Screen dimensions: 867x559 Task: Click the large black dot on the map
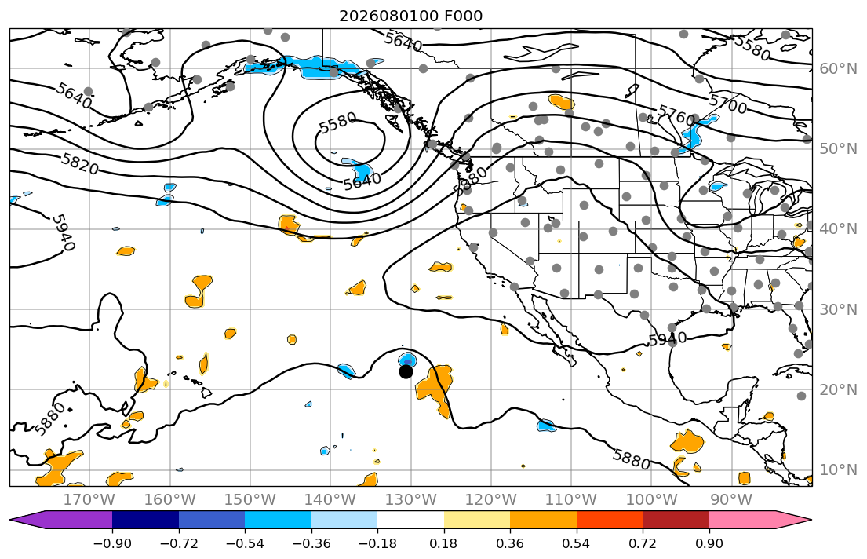[406, 372]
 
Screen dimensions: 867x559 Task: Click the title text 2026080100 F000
[411, 16]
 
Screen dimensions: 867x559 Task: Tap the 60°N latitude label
[838, 68]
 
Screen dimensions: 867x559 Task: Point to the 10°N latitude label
[838, 470]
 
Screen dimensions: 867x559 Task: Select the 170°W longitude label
[89, 500]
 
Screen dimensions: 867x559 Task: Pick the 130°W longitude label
[410, 500]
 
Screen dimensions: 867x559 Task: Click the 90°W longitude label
[731, 500]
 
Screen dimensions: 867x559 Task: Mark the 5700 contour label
[727, 104]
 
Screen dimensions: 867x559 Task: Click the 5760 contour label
[676, 116]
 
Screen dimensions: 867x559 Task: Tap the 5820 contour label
[79, 164]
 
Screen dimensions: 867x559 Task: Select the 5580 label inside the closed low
[338, 122]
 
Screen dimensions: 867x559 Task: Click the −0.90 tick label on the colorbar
[112, 543]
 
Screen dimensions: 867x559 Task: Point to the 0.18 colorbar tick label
[444, 543]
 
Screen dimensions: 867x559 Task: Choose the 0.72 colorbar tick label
[643, 543]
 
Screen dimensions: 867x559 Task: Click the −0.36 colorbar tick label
[311, 543]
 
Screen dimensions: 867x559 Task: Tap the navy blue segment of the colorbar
[145, 520]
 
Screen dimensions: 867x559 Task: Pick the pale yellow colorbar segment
[476, 520]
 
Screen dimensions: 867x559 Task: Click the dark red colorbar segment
[676, 520]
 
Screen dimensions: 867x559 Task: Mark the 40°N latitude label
[838, 229]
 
